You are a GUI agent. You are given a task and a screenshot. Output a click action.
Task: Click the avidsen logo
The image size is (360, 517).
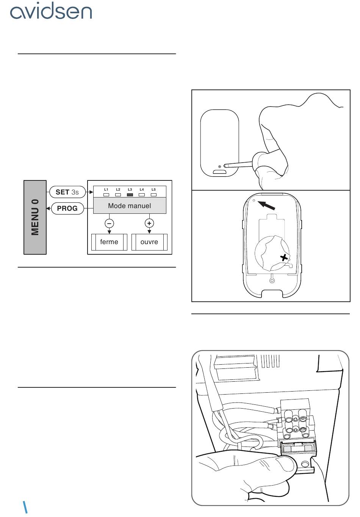(x=51, y=11)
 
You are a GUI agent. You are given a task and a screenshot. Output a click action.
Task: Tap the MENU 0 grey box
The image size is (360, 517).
(x=35, y=217)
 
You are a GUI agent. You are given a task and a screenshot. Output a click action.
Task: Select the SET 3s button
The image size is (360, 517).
(x=67, y=192)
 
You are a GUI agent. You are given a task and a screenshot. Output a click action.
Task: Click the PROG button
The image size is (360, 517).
(x=67, y=208)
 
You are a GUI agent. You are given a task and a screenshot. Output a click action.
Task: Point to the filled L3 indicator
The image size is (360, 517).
(x=130, y=195)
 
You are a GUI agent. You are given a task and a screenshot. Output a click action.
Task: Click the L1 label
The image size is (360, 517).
(x=106, y=190)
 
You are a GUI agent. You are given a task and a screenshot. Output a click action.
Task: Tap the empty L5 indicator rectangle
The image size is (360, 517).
(x=154, y=195)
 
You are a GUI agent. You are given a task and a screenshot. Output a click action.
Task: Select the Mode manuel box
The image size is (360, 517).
(x=130, y=205)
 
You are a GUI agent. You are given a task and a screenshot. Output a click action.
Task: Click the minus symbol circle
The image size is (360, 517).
(x=110, y=223)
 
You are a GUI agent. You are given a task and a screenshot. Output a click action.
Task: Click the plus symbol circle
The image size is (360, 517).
(x=149, y=223)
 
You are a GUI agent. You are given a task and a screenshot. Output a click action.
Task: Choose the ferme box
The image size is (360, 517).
(x=109, y=242)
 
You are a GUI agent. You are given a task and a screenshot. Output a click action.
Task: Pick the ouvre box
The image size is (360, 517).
(x=149, y=242)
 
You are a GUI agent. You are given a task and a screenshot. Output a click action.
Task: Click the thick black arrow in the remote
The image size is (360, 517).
(x=266, y=205)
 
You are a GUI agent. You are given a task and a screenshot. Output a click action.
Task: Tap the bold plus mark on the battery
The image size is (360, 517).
(x=284, y=258)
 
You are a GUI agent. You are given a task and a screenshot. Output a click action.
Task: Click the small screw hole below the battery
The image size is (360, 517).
(x=272, y=280)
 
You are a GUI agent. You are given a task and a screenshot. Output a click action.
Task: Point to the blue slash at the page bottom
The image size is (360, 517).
(x=25, y=507)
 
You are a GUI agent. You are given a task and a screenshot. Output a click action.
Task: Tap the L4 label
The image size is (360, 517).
(x=142, y=190)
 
